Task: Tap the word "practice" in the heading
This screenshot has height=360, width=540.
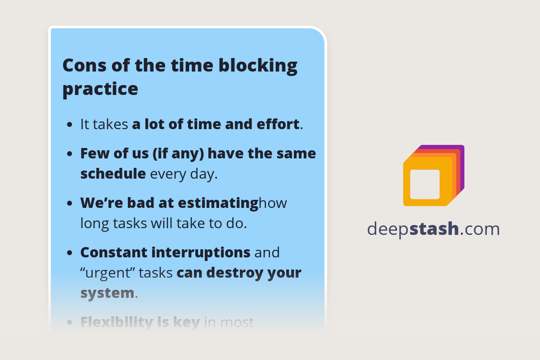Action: coord(100,89)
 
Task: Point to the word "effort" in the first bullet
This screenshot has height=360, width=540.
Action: coord(280,124)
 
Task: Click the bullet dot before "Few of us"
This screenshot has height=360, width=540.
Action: coord(70,154)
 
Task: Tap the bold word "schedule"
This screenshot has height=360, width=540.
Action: coord(113,174)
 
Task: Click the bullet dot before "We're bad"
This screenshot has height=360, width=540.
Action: coord(70,203)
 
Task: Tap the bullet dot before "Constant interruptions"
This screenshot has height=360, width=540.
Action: coord(70,253)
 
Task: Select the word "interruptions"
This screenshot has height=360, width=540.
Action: coord(201,252)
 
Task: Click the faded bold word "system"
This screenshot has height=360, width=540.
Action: coord(107,293)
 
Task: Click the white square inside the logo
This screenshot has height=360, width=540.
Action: coord(425,184)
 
